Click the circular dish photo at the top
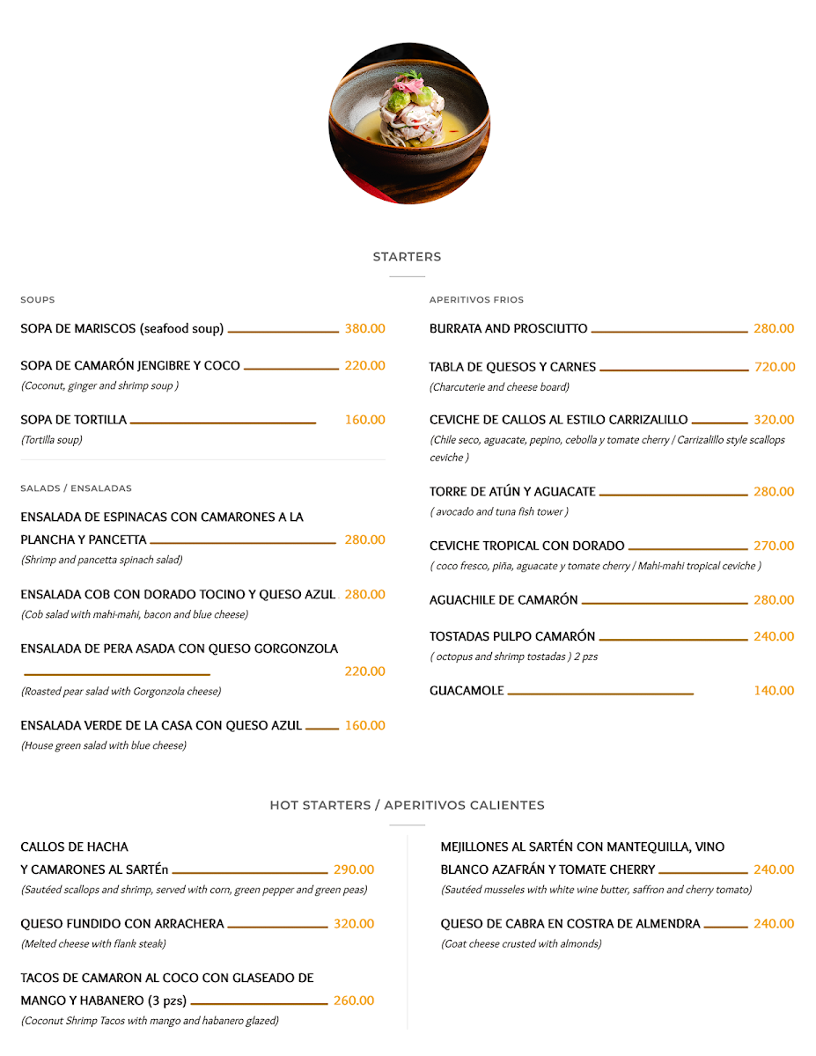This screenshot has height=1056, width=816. click(408, 123)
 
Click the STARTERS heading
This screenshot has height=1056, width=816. click(407, 257)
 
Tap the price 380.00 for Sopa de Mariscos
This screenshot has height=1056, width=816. click(364, 329)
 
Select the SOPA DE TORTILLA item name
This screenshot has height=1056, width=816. click(74, 420)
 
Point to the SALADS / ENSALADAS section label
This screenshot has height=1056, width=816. click(76, 488)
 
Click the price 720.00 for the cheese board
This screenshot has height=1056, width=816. click(775, 367)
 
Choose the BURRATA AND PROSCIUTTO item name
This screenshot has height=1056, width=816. click(508, 329)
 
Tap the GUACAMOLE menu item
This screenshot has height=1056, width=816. click(467, 691)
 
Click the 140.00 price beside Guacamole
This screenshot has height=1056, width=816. click(774, 691)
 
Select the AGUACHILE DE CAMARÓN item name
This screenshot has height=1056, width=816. click(504, 600)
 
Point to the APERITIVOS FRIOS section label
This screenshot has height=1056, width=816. click(476, 300)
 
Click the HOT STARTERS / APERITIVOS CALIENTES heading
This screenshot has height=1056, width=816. click(407, 805)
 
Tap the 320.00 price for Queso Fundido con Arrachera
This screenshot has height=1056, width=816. click(354, 924)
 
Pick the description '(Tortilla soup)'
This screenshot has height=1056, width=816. click(52, 440)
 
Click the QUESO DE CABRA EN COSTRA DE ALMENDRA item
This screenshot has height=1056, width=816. click(570, 924)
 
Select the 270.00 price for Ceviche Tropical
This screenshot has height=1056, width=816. click(774, 546)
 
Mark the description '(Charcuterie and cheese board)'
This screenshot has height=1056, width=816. click(499, 387)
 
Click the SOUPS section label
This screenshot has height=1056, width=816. click(38, 300)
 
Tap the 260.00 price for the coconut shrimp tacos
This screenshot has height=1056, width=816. click(354, 1001)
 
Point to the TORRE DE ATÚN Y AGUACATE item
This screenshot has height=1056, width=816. click(512, 492)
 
